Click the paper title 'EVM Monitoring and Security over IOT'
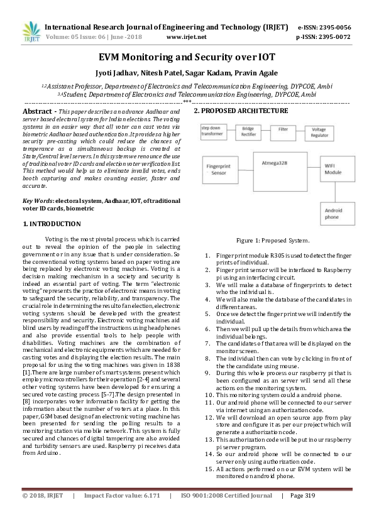(x=187, y=57)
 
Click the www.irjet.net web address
(x=187, y=37)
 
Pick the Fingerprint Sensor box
(x=219, y=169)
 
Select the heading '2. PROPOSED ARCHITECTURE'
(x=241, y=111)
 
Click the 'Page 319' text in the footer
(x=304, y=513)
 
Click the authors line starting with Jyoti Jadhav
(x=187, y=72)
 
